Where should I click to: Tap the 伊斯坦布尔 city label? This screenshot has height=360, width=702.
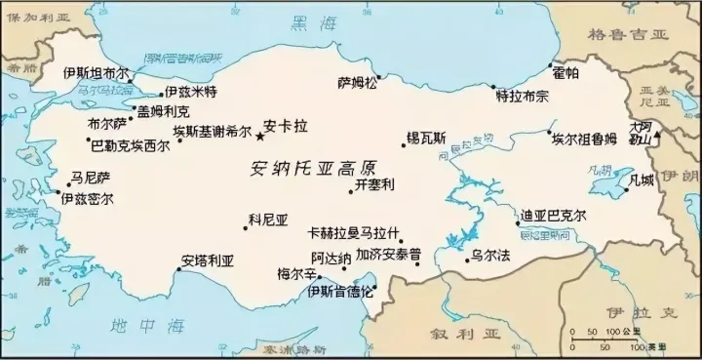(96, 73)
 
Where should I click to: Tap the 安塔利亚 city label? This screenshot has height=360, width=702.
(208, 261)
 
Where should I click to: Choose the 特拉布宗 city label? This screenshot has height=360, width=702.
(523, 97)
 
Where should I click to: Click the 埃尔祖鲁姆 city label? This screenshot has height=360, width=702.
(585, 138)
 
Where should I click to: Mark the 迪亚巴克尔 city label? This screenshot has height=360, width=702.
(552, 217)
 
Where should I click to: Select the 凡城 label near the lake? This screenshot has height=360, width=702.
(644, 180)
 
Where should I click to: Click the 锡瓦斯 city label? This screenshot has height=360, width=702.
(426, 139)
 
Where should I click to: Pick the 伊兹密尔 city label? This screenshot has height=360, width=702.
(87, 198)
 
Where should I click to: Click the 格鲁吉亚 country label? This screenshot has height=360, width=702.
(629, 32)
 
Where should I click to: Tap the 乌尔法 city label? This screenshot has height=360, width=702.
(490, 256)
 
